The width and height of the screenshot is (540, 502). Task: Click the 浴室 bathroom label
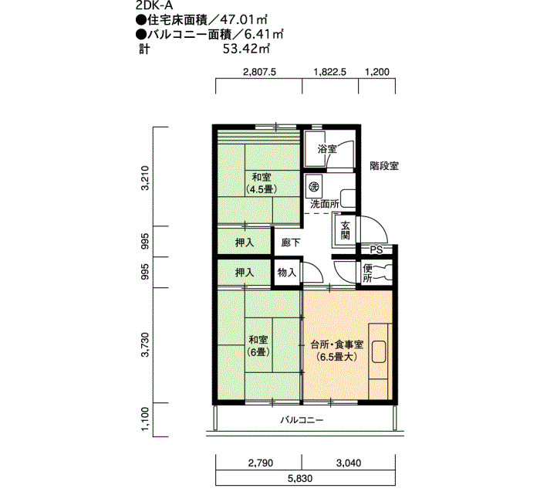pyautogui.click(x=327, y=149)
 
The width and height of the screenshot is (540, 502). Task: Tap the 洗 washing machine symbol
pyautogui.click(x=313, y=187)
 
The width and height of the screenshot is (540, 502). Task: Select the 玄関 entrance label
pyautogui.click(x=345, y=230)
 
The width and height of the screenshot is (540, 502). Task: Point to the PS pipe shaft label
pyautogui.click(x=376, y=250)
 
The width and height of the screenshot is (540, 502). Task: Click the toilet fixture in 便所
pyautogui.click(x=383, y=273)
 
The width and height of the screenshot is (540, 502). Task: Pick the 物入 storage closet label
pyautogui.click(x=287, y=273)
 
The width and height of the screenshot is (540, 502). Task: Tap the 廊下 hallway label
pyautogui.click(x=291, y=243)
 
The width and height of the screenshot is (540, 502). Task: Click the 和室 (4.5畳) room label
pyautogui.click(x=262, y=183)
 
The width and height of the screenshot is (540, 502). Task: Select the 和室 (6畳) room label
pyautogui.click(x=258, y=346)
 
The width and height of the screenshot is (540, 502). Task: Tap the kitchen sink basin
pyautogui.click(x=379, y=351)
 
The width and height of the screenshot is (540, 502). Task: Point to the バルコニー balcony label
pyautogui.click(x=302, y=420)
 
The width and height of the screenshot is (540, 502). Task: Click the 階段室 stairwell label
pyautogui.click(x=384, y=166)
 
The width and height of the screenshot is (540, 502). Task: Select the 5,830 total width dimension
pyautogui.click(x=300, y=478)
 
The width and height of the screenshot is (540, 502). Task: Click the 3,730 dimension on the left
pyautogui.click(x=146, y=344)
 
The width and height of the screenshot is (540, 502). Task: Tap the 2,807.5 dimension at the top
pyautogui.click(x=260, y=72)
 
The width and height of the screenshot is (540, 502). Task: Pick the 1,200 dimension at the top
pyautogui.click(x=376, y=72)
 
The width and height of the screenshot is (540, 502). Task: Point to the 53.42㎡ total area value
pyautogui.click(x=246, y=49)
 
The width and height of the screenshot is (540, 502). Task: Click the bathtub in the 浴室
pyautogui.click(x=315, y=149)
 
